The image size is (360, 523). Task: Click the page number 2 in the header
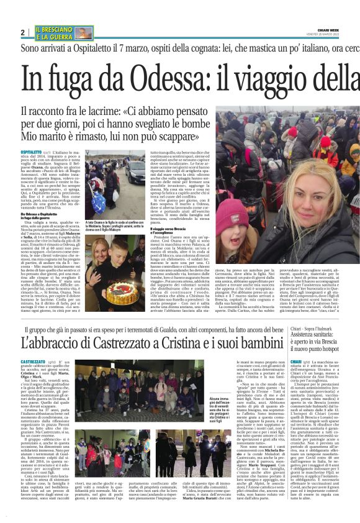pyautogui.click(x=22, y=32)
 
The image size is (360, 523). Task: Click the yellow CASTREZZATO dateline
pyautogui.click(x=34, y=362)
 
